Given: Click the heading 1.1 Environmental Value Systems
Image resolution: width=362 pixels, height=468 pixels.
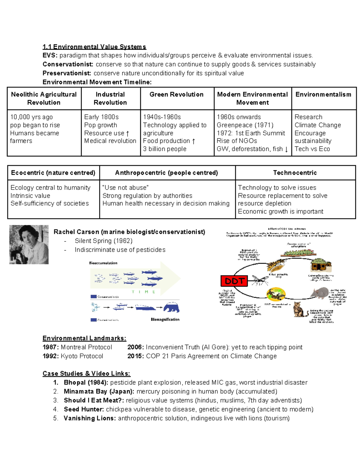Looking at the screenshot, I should click(94, 47).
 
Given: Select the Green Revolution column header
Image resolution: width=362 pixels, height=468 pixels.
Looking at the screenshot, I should click(176, 95).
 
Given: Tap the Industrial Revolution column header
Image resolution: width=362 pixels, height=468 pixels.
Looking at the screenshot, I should click(110, 99).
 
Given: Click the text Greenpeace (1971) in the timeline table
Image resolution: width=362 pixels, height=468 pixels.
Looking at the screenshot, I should click(245, 125).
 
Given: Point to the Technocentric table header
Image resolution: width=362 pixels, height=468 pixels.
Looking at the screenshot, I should click(295, 173).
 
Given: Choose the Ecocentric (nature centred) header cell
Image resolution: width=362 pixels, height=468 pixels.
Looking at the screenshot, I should click(53, 173).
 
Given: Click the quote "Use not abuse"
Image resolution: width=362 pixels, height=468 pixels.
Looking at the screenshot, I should click(125, 188).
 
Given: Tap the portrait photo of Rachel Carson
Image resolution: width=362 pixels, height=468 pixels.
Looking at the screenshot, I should click(29, 245).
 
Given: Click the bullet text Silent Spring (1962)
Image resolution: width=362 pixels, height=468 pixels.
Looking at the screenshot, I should click(103, 241).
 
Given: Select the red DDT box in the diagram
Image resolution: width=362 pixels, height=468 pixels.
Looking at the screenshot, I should click(234, 281).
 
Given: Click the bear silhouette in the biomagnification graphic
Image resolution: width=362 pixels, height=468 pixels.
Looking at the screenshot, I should click(171, 307).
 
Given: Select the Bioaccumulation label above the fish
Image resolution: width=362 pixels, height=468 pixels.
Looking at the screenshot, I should click(103, 263).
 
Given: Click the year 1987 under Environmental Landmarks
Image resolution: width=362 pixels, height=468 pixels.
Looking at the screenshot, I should click(50, 347).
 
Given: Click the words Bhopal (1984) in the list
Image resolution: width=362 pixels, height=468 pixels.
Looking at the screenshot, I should click(86, 383).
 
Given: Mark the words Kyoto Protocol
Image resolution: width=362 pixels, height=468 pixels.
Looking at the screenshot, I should click(82, 356).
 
